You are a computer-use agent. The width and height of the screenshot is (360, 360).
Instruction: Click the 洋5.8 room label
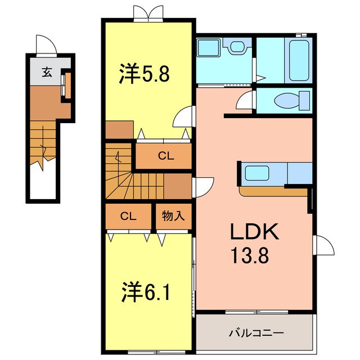pos(144,75)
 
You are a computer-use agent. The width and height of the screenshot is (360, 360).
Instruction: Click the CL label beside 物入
pos(128,215)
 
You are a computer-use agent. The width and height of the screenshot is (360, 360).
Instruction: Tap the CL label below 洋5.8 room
pos(165,157)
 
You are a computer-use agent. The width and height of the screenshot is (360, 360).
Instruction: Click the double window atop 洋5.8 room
pos(146,13)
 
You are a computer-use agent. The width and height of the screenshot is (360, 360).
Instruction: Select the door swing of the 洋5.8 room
pos(183,120)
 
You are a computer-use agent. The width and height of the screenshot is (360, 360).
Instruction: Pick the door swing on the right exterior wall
pos(322,245)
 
